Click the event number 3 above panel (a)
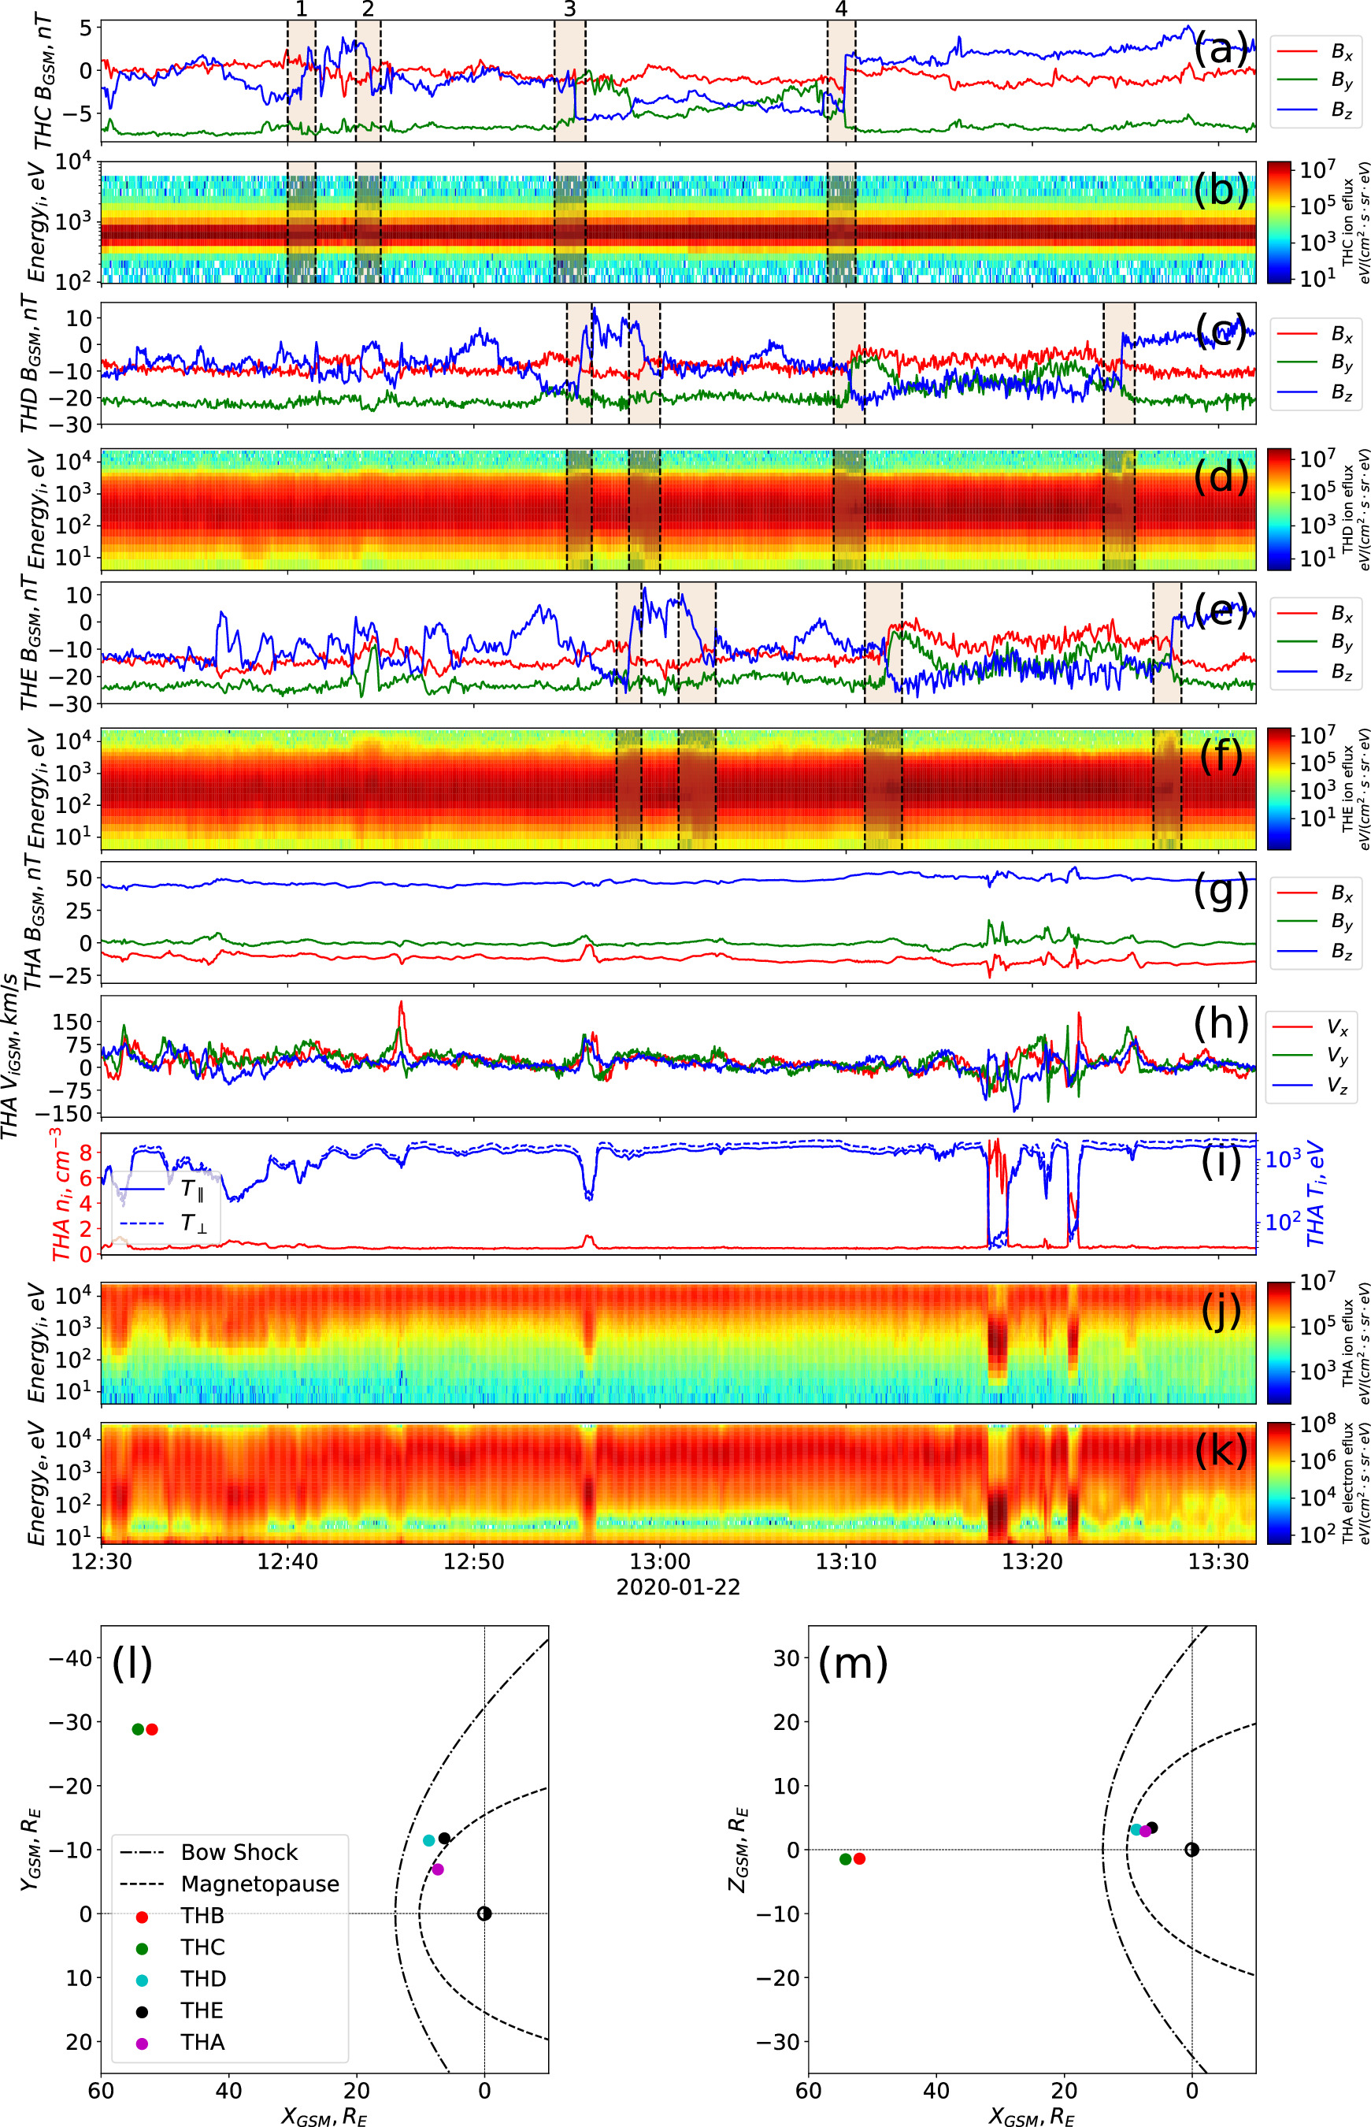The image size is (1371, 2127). point(570,9)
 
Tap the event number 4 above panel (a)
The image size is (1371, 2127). point(841,9)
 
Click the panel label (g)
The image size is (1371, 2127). point(1219,891)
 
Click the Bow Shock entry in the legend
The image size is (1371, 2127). point(239,1852)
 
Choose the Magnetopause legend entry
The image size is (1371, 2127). point(259,1884)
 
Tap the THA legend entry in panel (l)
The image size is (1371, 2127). point(203,2042)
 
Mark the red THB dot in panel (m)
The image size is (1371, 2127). point(859,1859)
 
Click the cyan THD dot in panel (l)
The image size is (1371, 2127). point(429,1840)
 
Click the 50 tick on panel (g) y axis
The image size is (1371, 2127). point(80,878)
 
